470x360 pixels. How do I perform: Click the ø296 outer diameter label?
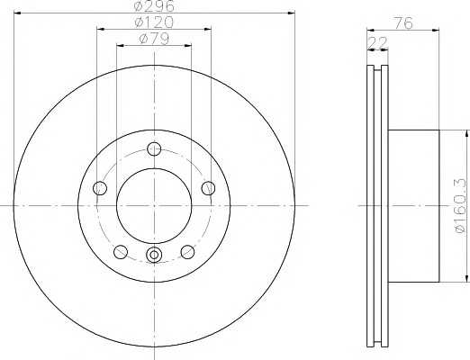tap(154, 6)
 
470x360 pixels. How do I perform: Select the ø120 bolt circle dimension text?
tap(154, 22)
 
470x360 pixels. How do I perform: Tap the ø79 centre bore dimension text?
tap(154, 39)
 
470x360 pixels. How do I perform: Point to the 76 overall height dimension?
tap(403, 23)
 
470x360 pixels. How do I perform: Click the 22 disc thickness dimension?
tap(377, 42)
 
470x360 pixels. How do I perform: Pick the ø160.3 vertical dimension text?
tap(460, 205)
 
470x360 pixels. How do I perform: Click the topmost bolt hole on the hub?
tap(154, 148)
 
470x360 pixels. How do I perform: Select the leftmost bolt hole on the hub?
tap(100, 188)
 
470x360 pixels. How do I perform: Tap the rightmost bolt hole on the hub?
tap(208, 188)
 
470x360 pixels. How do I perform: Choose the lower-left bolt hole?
tap(121, 251)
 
